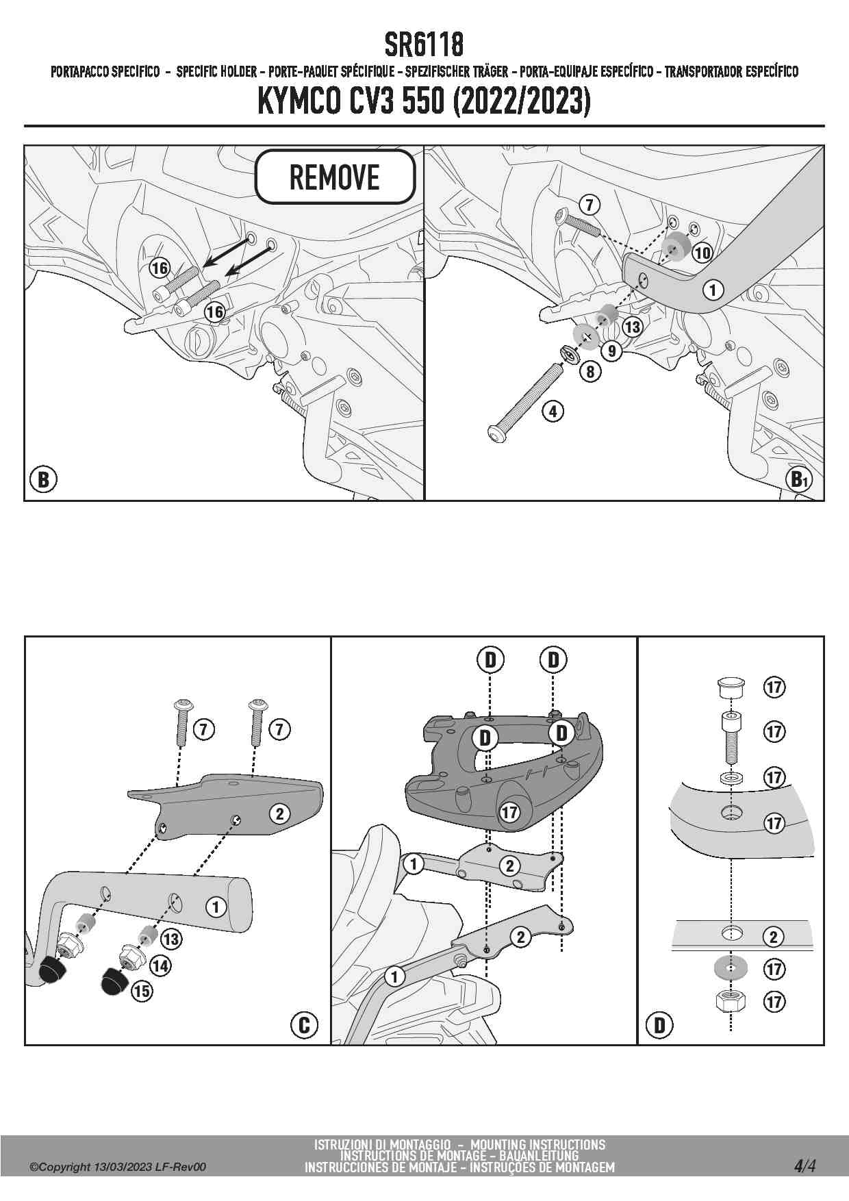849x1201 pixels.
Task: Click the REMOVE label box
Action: (x=335, y=177)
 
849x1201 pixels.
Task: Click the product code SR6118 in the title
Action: (x=424, y=45)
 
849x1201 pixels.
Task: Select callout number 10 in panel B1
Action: (x=702, y=253)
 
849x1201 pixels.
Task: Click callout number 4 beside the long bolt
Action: (x=553, y=412)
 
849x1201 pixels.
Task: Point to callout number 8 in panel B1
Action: (x=590, y=372)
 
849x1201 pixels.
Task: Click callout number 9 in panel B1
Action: (x=611, y=351)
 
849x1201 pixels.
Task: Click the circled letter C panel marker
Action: (x=304, y=1024)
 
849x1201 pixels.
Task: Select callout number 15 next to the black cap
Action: (x=142, y=991)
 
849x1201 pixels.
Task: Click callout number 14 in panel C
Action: (x=160, y=965)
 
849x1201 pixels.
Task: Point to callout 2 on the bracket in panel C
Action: (x=279, y=814)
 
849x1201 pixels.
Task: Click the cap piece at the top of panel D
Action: (x=731, y=686)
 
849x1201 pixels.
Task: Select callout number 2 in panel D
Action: (x=774, y=937)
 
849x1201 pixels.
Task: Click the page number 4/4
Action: (x=804, y=1165)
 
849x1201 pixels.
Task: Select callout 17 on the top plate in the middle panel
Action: (x=509, y=813)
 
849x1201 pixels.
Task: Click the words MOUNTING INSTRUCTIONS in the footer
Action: (x=538, y=1144)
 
